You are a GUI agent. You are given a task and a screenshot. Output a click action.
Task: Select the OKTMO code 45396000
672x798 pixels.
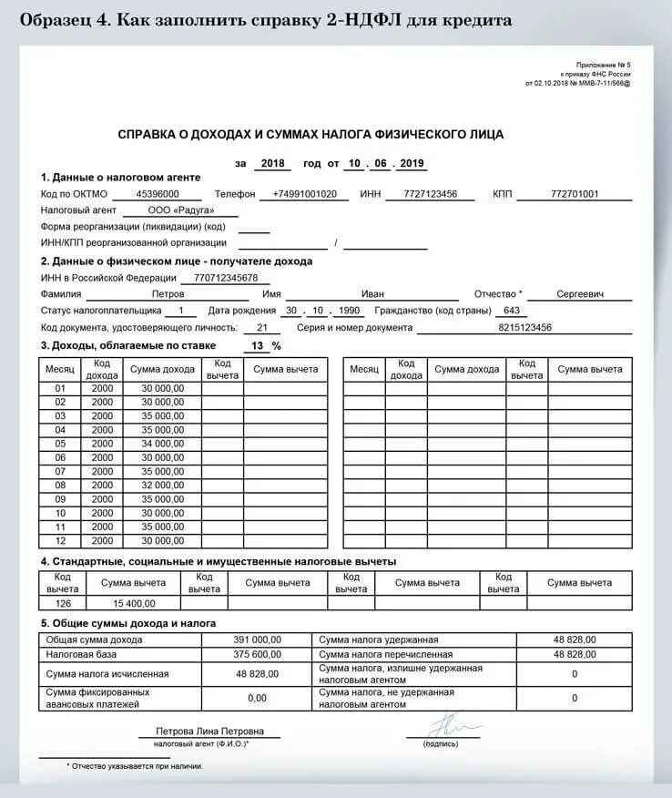coord(157,194)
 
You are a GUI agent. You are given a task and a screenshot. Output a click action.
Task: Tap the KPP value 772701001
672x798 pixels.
coord(575,194)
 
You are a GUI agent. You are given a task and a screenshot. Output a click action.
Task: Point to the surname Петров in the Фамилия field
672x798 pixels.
coord(168,294)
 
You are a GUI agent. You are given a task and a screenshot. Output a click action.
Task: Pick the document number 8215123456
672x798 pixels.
coord(525,327)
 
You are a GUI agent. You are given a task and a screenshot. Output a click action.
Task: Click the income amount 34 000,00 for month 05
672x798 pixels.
coord(162,444)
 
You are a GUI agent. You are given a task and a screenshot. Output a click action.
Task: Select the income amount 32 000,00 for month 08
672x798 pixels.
coord(162,486)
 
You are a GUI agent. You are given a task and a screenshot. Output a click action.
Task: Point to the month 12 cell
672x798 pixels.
coord(61,541)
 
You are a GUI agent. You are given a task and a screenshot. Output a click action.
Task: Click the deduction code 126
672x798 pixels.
coord(62,603)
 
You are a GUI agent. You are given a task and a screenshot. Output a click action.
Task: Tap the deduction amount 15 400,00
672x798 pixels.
coord(134,603)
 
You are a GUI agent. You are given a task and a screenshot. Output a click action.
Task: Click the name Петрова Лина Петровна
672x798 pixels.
coord(209,731)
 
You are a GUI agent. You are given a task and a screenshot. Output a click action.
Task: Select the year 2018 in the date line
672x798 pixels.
coord(271,164)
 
